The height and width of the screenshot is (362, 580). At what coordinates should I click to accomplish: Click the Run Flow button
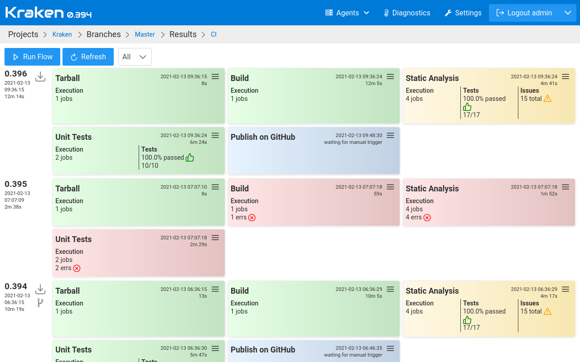pyautogui.click(x=32, y=57)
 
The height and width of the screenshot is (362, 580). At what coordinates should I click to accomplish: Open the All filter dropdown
pyautogui.click(x=135, y=57)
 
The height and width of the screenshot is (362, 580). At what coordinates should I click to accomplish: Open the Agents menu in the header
pyautogui.click(x=347, y=13)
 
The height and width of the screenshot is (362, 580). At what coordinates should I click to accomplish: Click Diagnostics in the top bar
pyautogui.click(x=406, y=13)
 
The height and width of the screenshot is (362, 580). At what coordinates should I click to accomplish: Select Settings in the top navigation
pyautogui.click(x=463, y=13)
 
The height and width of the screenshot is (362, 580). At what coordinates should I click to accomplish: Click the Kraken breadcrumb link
pyautogui.click(x=62, y=34)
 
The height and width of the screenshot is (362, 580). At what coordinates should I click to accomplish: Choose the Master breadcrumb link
pyautogui.click(x=145, y=34)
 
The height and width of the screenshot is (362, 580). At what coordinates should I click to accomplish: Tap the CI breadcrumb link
pyautogui.click(x=213, y=34)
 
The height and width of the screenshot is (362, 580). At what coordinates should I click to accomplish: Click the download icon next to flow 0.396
pyautogui.click(x=40, y=76)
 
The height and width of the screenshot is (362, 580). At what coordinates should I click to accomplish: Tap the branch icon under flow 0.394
pyautogui.click(x=40, y=303)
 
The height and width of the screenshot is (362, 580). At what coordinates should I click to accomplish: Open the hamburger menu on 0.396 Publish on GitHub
pyautogui.click(x=390, y=135)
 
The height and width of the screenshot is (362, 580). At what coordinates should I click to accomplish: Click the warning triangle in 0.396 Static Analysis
pyautogui.click(x=547, y=99)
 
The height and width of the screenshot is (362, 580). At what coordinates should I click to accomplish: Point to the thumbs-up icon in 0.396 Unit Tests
pyautogui.click(x=190, y=157)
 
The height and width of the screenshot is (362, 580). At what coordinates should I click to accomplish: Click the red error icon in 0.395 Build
pyautogui.click(x=252, y=218)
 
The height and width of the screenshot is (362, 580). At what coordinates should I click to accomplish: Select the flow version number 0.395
pyautogui.click(x=16, y=184)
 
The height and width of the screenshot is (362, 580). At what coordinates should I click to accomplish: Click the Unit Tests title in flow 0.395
pyautogui.click(x=73, y=239)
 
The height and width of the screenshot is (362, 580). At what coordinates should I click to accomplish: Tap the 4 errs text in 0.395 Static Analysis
pyautogui.click(x=413, y=217)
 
